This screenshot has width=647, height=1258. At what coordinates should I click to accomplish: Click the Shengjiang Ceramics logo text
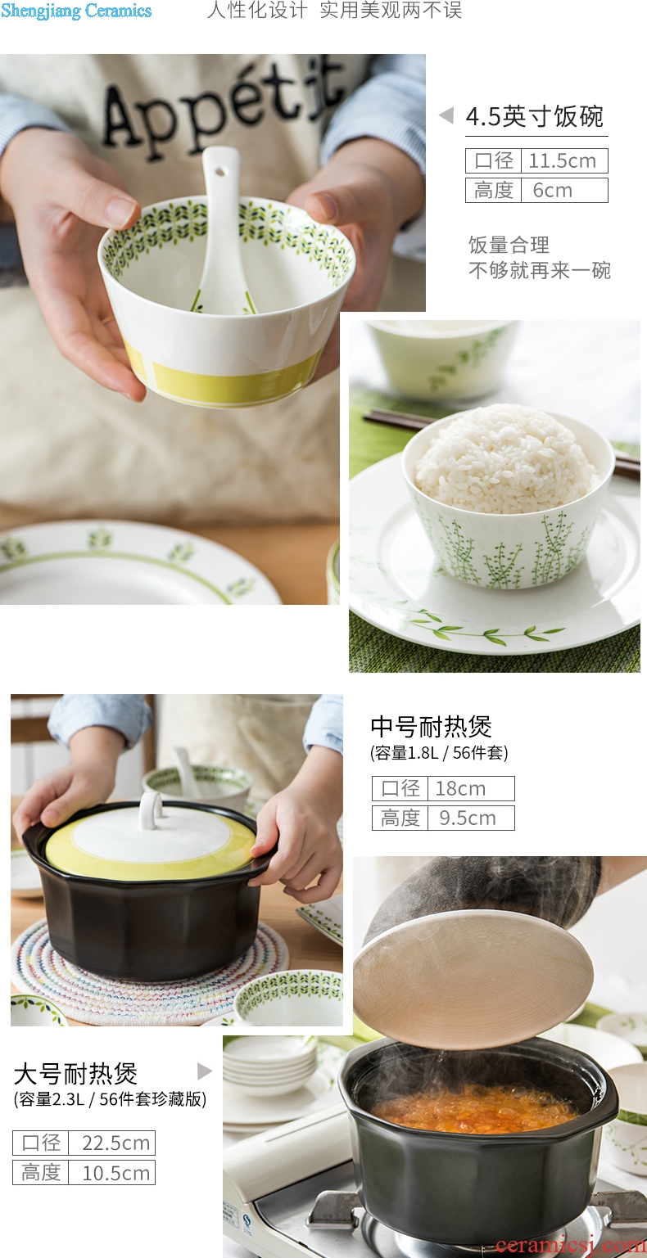click(76, 11)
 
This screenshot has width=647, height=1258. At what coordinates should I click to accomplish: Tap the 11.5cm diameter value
click(562, 161)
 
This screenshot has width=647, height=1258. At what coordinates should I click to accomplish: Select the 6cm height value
click(553, 191)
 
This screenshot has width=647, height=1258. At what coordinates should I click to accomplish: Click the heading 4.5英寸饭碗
click(535, 117)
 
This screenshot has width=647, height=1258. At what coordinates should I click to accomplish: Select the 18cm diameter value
click(460, 788)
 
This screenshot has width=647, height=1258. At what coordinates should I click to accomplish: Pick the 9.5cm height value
click(468, 818)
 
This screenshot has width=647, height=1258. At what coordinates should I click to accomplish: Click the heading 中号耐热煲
click(431, 727)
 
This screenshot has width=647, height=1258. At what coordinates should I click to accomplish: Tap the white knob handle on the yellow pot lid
click(151, 809)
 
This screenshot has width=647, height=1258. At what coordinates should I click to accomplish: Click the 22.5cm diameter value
click(115, 1143)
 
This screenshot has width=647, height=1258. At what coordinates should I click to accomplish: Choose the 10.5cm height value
click(115, 1173)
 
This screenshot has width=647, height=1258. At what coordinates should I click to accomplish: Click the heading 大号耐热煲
click(75, 1074)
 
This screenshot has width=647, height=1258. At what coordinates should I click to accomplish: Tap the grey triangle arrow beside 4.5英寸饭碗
click(446, 115)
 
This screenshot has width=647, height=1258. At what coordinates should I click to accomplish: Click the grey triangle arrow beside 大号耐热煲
click(205, 1071)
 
